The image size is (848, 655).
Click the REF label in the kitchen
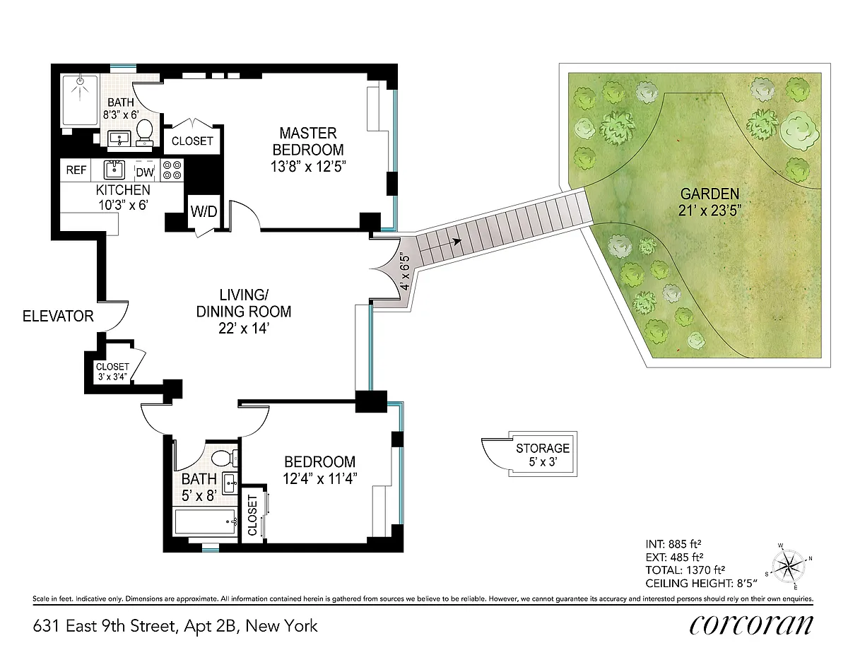click(x=76, y=170)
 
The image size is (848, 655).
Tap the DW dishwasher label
click(x=145, y=172)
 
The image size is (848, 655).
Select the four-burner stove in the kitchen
click(x=172, y=170)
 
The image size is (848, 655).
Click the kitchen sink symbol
click(x=114, y=170)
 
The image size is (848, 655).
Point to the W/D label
click(x=204, y=211)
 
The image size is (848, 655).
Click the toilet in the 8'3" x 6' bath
click(x=145, y=132)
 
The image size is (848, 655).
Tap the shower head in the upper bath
click(x=80, y=81)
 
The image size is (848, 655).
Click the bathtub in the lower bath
click(x=206, y=521)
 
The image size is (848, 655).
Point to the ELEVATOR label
click(x=58, y=316)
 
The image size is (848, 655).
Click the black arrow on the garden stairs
click(x=457, y=242)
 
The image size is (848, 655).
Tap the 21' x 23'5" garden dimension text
click(x=710, y=211)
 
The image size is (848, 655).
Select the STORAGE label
click(x=543, y=448)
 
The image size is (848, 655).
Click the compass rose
click(x=789, y=567)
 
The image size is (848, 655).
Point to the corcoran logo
click(x=751, y=625)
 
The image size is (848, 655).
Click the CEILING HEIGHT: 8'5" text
click(x=701, y=584)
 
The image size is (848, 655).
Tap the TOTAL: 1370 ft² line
click(x=685, y=570)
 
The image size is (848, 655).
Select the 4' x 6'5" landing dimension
click(x=406, y=272)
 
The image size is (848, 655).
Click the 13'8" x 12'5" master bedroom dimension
click(x=308, y=167)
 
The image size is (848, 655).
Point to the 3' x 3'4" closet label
click(x=113, y=377)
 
